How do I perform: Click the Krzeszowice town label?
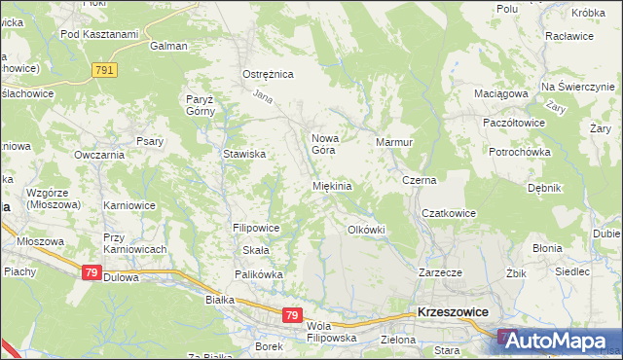coord(452,312)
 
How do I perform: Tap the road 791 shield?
coord(105,70)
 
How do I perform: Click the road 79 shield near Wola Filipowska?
coord(292,315)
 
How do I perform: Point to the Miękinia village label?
coord(331,186)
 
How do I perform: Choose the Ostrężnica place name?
coord(268,74)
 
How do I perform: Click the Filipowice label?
coord(257,228)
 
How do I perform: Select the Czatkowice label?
coord(448,213)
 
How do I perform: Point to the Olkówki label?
coord(367,230)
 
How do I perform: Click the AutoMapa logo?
coord(560,341)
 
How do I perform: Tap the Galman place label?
coord(168,46)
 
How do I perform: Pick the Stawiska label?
coord(245,154)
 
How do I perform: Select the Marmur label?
coord(395,142)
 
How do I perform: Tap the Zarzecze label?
coord(440,272)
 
